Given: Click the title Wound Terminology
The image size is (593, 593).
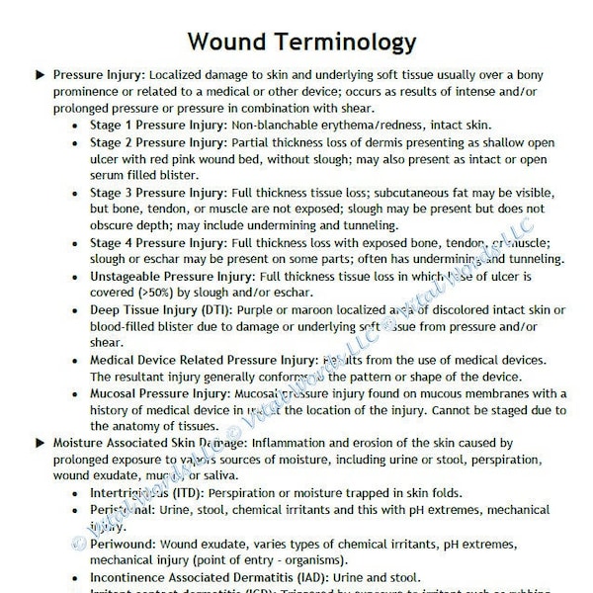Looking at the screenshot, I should coord(301,42).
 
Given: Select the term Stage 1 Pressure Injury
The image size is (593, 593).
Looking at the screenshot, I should coord(158,127).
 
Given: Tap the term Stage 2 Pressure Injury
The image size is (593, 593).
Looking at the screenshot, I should coord(158,144).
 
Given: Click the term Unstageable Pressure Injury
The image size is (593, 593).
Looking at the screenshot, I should coord(171,276).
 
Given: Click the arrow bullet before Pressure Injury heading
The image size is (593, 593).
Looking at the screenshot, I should coord(40,75).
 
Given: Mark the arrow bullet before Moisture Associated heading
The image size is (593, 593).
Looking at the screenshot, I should coord(40,445).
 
